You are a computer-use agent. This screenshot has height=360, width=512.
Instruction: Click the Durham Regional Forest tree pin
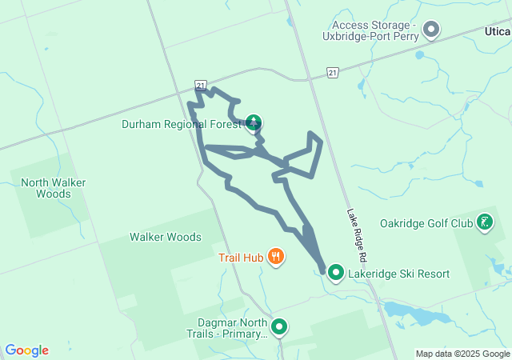pos(254,122)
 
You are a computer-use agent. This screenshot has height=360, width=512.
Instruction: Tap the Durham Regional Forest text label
pos(181,124)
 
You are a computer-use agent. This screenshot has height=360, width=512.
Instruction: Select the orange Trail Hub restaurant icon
pos(275,257)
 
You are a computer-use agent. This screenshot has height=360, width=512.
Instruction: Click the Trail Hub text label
pos(239,258)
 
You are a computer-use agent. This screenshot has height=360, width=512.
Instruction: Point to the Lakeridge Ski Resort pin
pos(336,273)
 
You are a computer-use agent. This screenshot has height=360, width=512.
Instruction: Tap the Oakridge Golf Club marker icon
pos(484,222)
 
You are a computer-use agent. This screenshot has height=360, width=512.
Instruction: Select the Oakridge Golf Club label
pos(427,223)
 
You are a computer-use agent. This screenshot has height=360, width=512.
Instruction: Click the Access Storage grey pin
pos(432,30)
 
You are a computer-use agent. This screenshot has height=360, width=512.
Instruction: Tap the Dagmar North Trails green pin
pos(279,326)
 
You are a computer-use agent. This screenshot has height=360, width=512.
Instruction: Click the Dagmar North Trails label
pos(226,328)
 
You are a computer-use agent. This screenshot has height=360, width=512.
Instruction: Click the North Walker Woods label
pos(54,188)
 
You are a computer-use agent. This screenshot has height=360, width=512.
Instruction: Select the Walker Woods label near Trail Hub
pos(166,237)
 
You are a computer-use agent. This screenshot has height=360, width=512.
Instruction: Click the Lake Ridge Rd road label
pos(356,236)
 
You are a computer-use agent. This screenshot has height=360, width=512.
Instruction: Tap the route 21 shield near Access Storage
pos(332,73)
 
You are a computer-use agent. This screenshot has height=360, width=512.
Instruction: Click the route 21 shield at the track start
pos(201,85)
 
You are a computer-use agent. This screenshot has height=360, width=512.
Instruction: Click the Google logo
pos(26,350)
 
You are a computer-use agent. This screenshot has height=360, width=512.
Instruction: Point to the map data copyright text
pos(462,354)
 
